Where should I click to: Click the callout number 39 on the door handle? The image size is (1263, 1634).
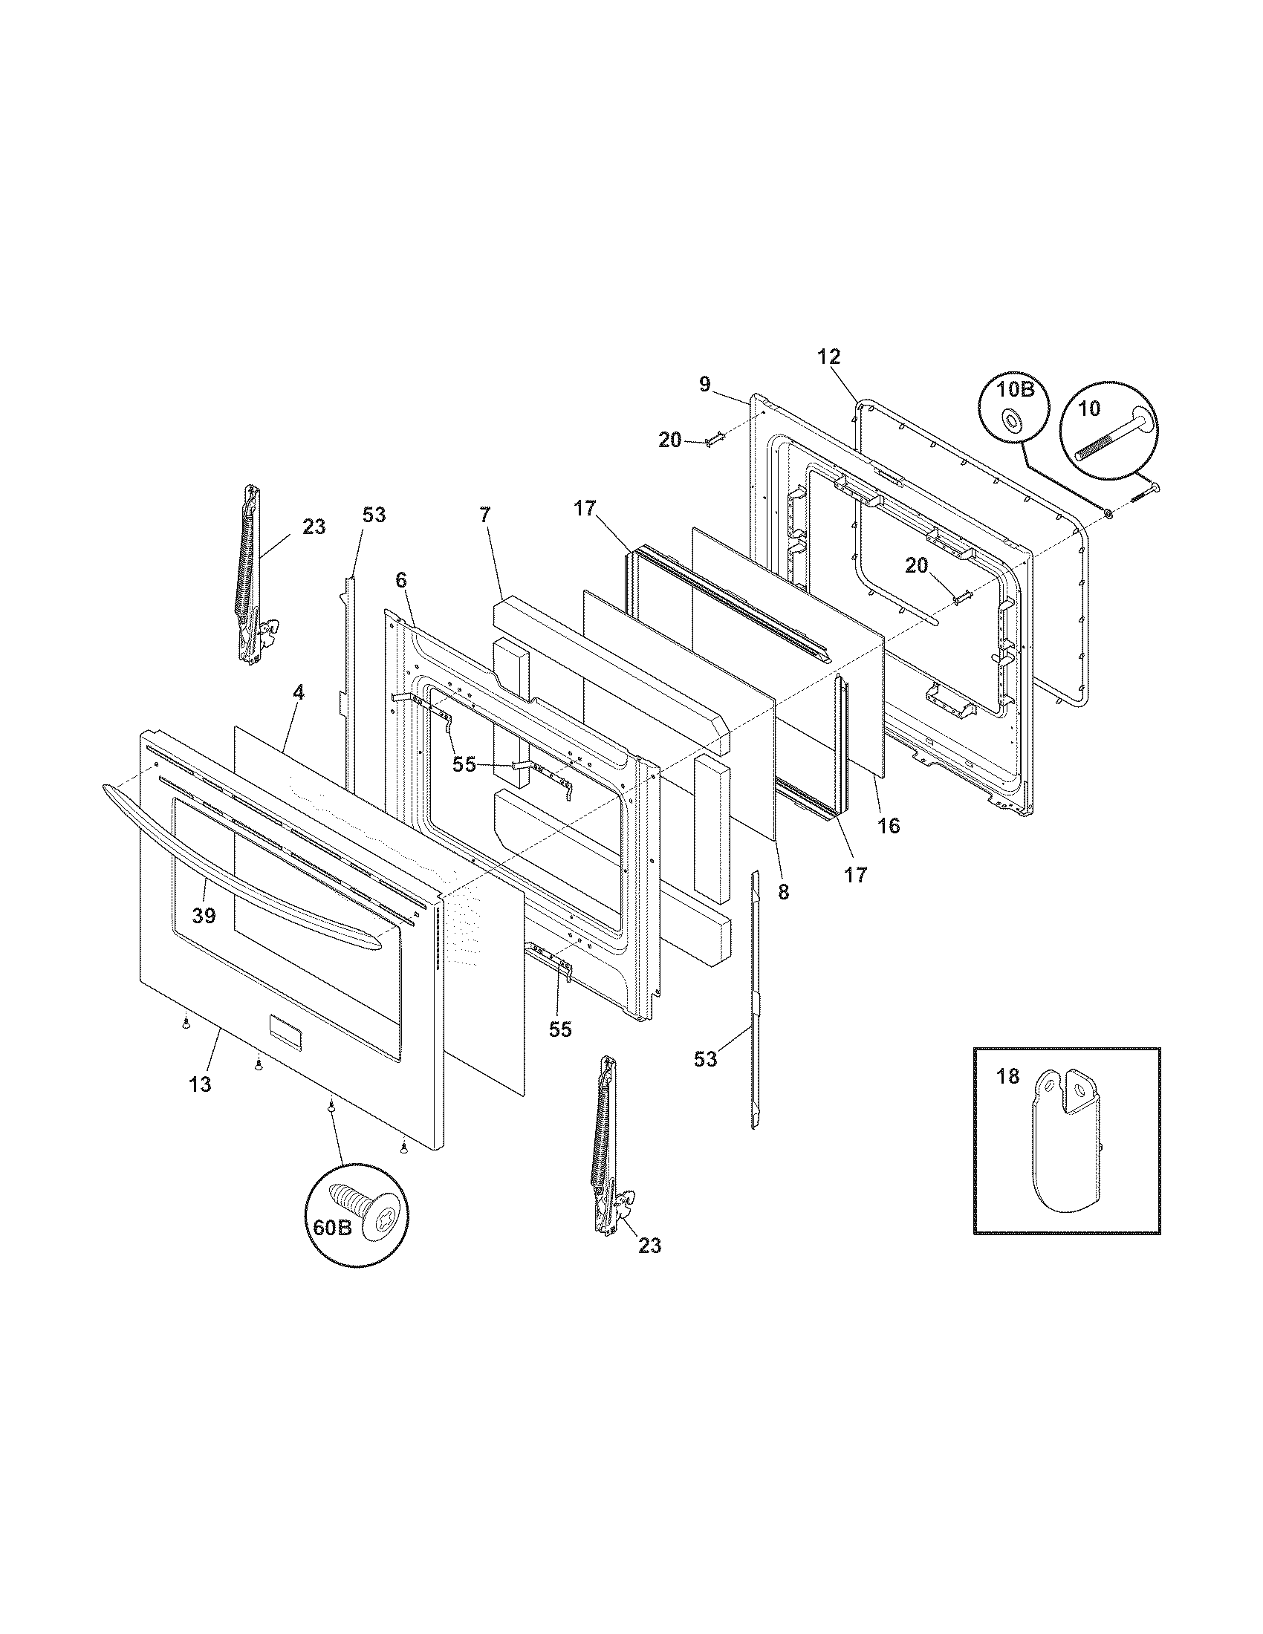(x=204, y=914)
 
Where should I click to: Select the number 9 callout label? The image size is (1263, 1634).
(x=705, y=385)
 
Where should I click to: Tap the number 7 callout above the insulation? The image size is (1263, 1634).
(x=485, y=515)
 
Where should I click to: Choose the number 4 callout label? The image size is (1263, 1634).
(x=299, y=692)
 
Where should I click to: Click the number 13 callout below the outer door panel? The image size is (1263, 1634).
(x=200, y=1084)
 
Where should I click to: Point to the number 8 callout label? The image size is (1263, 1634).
(x=783, y=894)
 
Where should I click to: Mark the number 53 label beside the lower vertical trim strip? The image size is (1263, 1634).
(x=706, y=1058)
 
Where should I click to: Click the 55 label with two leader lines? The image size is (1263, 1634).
(x=464, y=764)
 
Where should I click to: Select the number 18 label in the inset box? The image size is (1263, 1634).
(x=1008, y=1076)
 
